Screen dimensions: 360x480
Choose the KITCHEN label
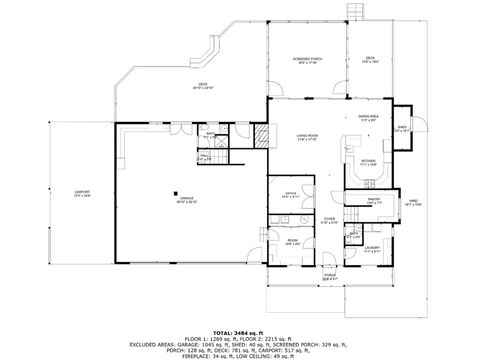367,159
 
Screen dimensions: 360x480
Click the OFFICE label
289,195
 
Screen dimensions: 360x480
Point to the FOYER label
329,220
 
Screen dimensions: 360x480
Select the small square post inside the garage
175,194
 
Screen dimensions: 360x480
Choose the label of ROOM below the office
292,242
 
